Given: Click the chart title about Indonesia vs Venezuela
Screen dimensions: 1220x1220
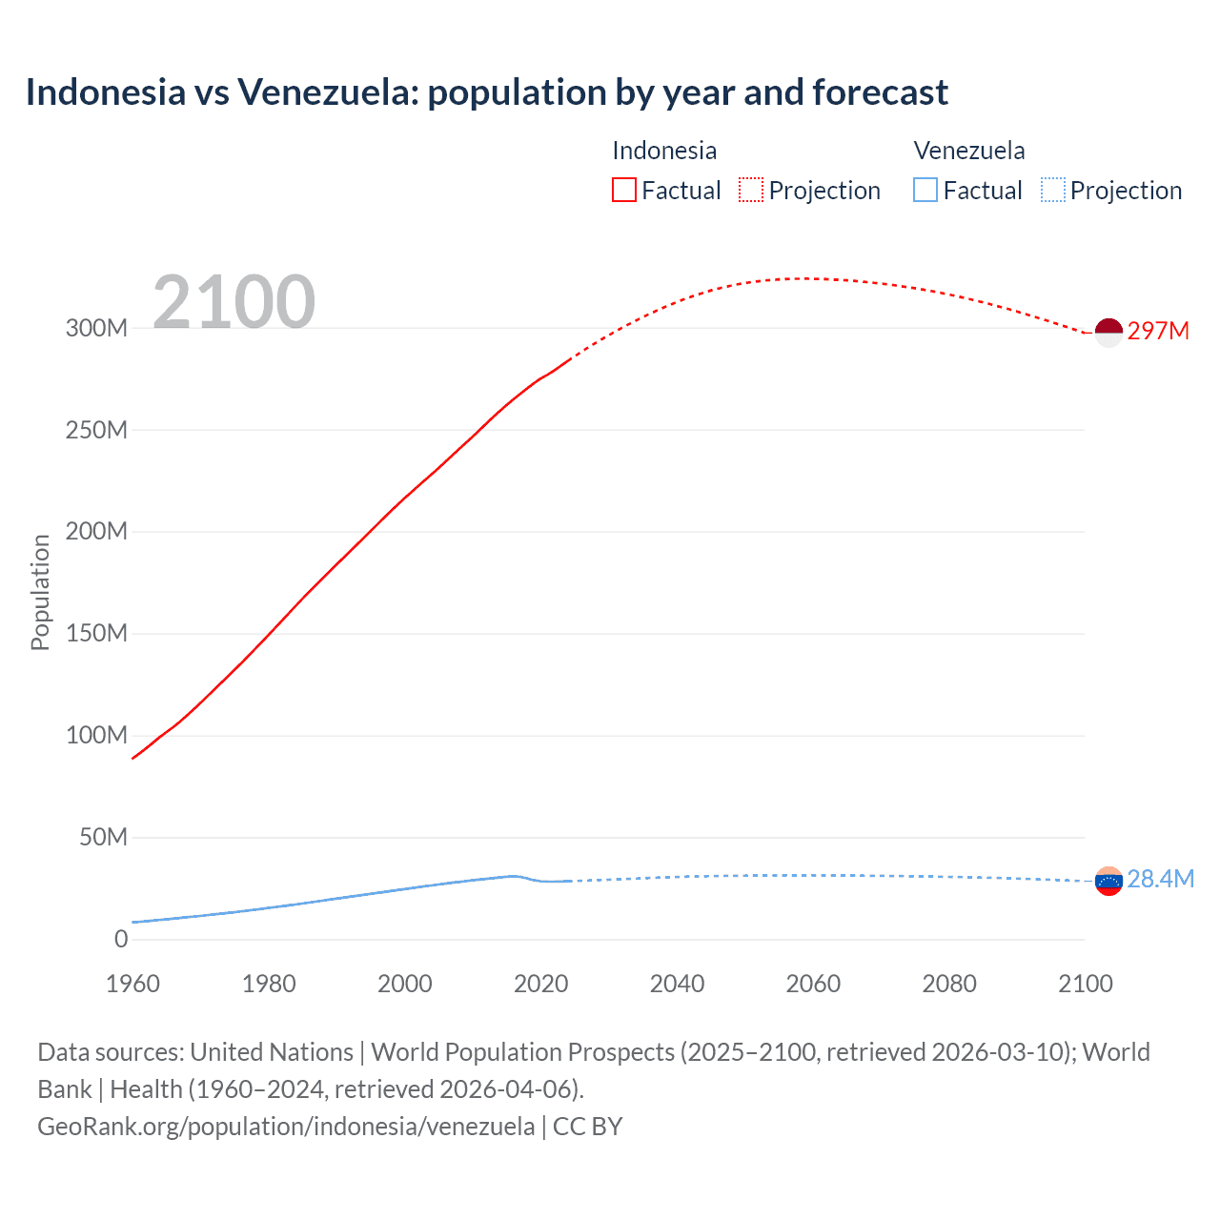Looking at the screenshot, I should [x=486, y=92].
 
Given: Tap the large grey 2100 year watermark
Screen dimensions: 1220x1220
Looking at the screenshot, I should [x=234, y=301].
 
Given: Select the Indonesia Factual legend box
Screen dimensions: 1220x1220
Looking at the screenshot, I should [x=623, y=190].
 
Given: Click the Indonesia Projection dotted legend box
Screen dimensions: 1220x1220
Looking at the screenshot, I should [x=751, y=190].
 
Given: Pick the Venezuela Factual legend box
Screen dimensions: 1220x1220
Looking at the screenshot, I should [x=925, y=190].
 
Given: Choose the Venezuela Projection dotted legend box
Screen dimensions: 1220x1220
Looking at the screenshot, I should [x=1053, y=190].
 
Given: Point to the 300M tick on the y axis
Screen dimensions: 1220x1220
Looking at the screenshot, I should [x=96, y=328].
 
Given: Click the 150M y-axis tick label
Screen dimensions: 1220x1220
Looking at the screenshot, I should [x=96, y=634].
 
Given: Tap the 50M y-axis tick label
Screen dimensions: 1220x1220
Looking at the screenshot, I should [x=103, y=838].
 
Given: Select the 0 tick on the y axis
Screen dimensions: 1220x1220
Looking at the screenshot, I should [x=121, y=940].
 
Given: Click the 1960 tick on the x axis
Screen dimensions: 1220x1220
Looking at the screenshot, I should [x=132, y=984].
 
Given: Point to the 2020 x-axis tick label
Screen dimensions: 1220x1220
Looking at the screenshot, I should [x=540, y=984].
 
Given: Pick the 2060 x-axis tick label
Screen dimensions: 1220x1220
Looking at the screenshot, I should [x=813, y=984].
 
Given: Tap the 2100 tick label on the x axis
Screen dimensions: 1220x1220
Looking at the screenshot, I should [x=1085, y=984].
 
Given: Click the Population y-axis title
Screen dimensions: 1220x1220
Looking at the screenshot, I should [x=40, y=592].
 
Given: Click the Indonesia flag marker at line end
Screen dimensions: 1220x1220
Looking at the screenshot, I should [x=1108, y=333].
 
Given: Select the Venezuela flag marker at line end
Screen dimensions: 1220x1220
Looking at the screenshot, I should [x=1108, y=882].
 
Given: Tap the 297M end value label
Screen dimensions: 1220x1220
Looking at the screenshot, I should [x=1158, y=331].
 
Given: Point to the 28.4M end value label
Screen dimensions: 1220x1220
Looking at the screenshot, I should [x=1160, y=879].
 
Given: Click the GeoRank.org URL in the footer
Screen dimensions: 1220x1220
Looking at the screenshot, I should [x=286, y=1127].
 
